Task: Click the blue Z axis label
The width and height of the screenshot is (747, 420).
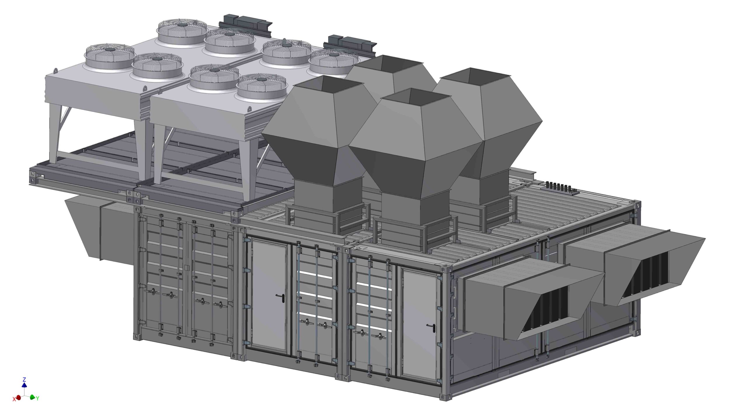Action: tap(24, 379)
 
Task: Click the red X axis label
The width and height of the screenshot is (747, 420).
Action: tap(14, 399)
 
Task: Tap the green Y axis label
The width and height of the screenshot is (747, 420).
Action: tap(37, 398)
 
